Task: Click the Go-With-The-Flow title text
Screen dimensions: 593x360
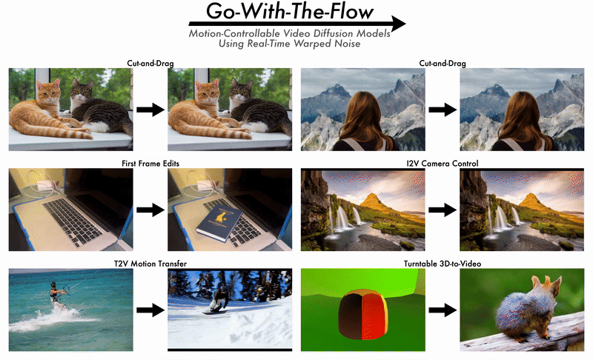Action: coord(290,11)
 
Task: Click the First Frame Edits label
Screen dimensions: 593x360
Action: coord(150,164)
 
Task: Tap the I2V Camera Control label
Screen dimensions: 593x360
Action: coord(442,164)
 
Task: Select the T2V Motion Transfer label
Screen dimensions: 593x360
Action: coord(150,264)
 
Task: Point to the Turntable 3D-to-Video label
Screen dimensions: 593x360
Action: coord(442,264)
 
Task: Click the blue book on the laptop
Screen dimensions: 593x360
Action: coord(219,222)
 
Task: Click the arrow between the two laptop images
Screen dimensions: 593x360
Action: coord(150,210)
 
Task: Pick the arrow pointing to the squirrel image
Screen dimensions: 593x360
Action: coord(443,310)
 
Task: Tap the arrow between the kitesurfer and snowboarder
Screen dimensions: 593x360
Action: coord(150,310)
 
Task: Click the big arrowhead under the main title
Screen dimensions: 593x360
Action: coord(398,24)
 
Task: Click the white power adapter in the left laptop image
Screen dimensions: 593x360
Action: coord(47,185)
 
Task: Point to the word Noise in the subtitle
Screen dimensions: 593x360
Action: coord(347,44)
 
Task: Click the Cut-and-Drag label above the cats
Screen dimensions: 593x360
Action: coord(150,64)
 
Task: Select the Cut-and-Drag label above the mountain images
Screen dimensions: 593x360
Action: coord(442,64)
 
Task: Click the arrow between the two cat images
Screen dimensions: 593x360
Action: coord(150,110)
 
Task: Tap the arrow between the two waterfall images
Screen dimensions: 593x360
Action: coord(443,210)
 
